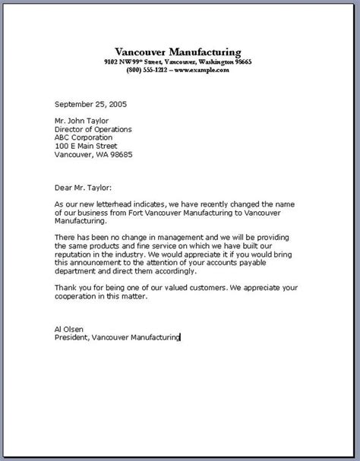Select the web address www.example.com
click(201, 69)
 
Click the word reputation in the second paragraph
click(55, 256)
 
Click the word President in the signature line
click(55, 338)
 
